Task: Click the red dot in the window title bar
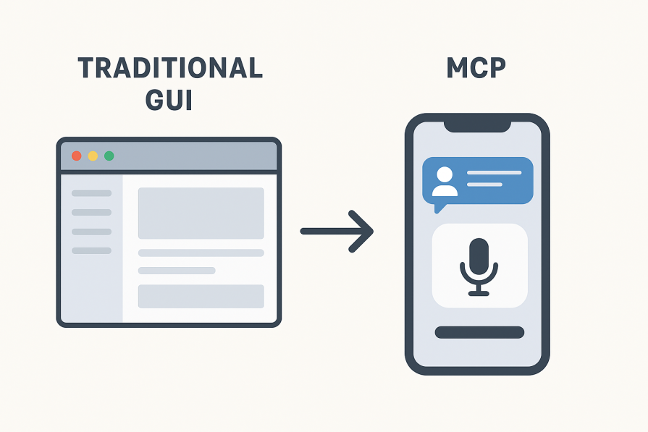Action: pyautogui.click(x=76, y=156)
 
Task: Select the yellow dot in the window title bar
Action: pyautogui.click(x=93, y=156)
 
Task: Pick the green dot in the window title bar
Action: pyautogui.click(x=109, y=156)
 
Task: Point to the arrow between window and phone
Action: pyautogui.click(x=337, y=232)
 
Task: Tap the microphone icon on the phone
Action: pyautogui.click(x=479, y=266)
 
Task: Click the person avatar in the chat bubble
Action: pyautogui.click(x=445, y=182)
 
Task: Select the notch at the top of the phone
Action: pyautogui.click(x=478, y=125)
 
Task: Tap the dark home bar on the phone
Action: pyautogui.click(x=479, y=332)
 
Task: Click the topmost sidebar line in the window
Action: pyautogui.click(x=92, y=193)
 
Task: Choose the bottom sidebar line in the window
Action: pyautogui.click(x=92, y=250)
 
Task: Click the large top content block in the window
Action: pyautogui.click(x=201, y=213)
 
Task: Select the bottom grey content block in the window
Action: pyautogui.click(x=201, y=296)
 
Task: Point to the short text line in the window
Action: pyautogui.click(x=177, y=271)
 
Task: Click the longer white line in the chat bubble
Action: pyautogui.click(x=494, y=173)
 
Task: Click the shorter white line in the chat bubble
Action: pyautogui.click(x=484, y=185)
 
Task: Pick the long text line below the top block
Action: pyautogui.click(x=201, y=253)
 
